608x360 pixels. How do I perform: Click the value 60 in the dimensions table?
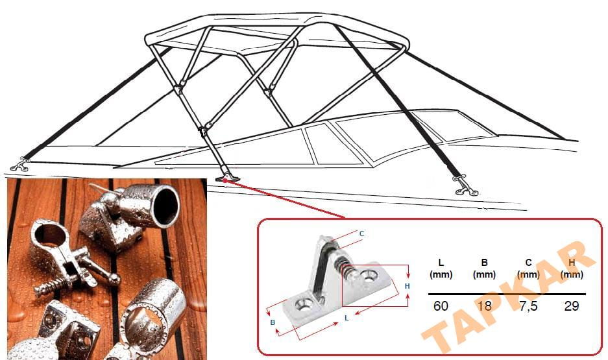coord(441,306)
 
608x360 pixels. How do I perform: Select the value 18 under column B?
coord(484,306)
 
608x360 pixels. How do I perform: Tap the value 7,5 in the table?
coord(528,306)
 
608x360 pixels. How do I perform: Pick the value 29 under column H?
coord(571,306)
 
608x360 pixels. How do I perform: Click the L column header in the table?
coord(441,263)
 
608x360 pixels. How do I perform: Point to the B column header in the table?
coord(484,263)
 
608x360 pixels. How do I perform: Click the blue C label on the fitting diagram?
coord(361,234)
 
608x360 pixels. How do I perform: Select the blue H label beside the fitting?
coord(407,285)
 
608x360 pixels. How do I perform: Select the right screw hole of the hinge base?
coord(371,276)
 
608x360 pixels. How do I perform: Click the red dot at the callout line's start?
coord(225,182)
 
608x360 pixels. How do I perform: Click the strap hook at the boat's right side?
coord(466,187)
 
